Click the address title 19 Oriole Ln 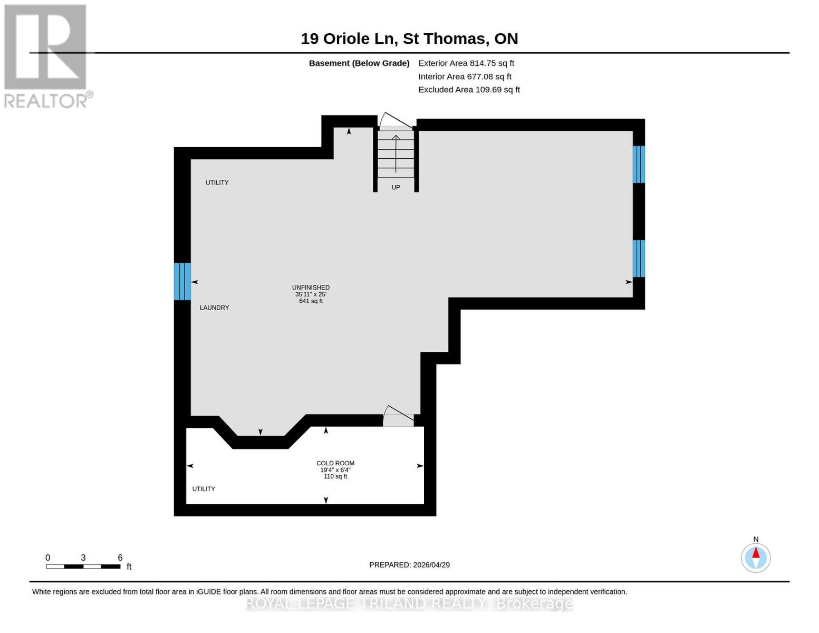pyautogui.click(x=409, y=39)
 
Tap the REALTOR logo pyautogui.click(x=46, y=56)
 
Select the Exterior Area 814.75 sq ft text pyautogui.click(x=466, y=63)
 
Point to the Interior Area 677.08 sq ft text pyautogui.click(x=465, y=76)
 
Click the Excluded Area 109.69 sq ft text pyautogui.click(x=469, y=90)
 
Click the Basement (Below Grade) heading pyautogui.click(x=359, y=63)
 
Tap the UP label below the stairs pyautogui.click(x=396, y=187)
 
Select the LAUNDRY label pyautogui.click(x=214, y=308)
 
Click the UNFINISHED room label pyautogui.click(x=311, y=288)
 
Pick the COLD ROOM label pyautogui.click(x=335, y=463)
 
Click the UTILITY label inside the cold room pyautogui.click(x=204, y=489)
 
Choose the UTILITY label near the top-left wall pyautogui.click(x=217, y=183)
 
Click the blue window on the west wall pyautogui.click(x=182, y=281)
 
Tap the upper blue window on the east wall pyautogui.click(x=638, y=164)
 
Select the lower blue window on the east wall pyautogui.click(x=638, y=258)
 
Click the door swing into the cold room pyautogui.click(x=399, y=417)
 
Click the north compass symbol pyautogui.click(x=756, y=558)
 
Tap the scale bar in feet pyautogui.click(x=83, y=566)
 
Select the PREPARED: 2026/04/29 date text pyautogui.click(x=409, y=565)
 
